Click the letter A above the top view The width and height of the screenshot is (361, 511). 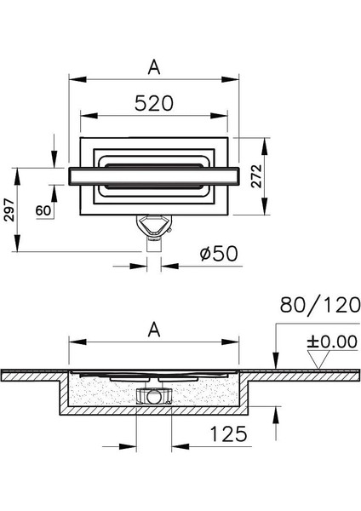153,66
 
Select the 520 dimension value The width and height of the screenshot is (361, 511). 153,103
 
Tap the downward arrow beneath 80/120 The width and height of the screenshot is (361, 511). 274,365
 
